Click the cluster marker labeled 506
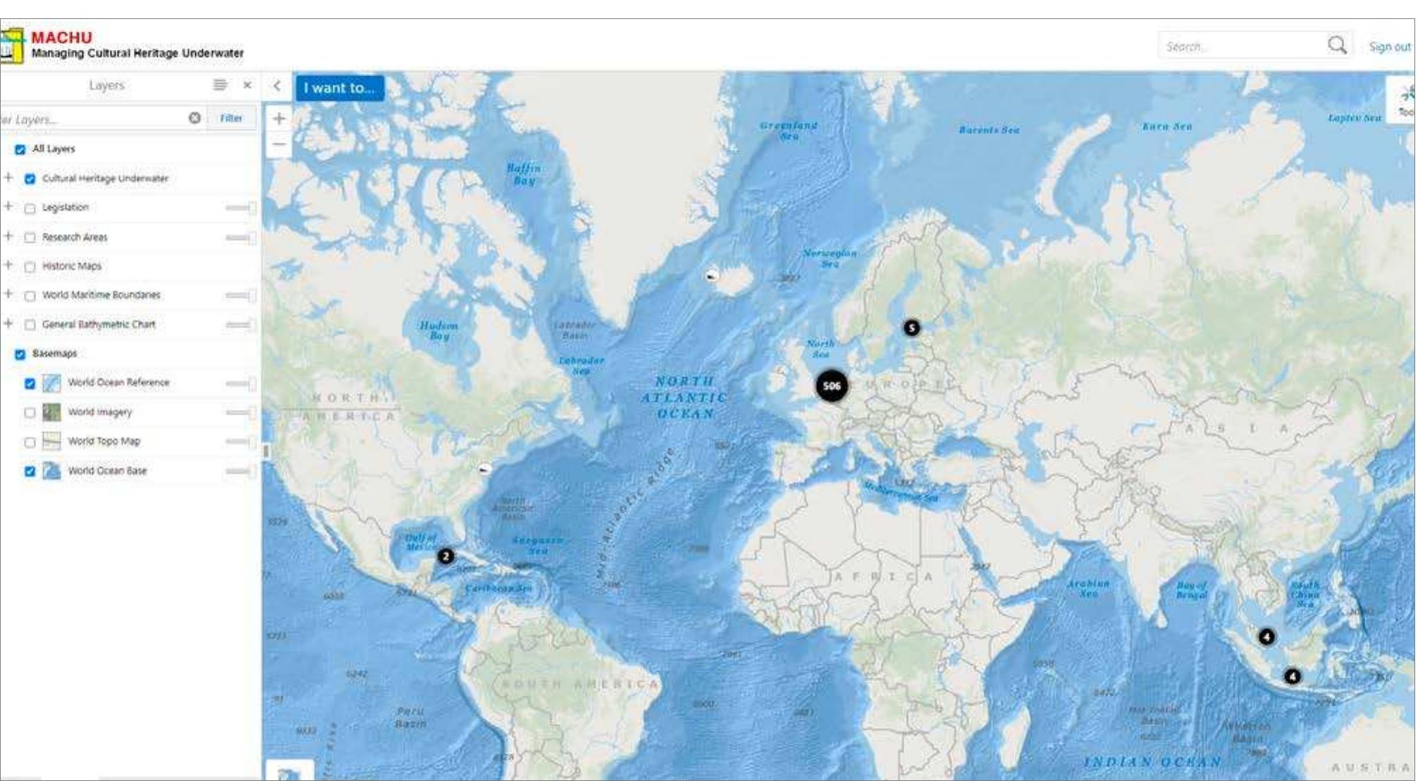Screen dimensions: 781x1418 [831, 386]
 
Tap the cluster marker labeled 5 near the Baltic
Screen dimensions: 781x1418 [912, 327]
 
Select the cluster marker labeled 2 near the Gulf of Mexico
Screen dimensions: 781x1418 [445, 556]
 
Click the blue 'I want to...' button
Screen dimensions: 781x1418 [340, 88]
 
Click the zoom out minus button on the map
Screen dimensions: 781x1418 [279, 144]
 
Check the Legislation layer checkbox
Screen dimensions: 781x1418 [30, 208]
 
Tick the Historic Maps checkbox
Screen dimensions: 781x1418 [30, 267]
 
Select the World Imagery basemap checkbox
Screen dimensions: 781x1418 [30, 413]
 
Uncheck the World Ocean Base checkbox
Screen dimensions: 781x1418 [30, 471]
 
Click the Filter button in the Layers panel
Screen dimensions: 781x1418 [231, 118]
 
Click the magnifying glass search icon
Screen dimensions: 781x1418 [1336, 46]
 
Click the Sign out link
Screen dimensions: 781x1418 [1389, 46]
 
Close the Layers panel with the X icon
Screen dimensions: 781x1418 [247, 85]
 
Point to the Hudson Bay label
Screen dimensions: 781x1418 [439, 330]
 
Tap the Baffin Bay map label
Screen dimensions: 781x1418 [523, 174]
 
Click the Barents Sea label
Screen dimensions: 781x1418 [989, 130]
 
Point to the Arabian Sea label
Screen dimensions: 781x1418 [1088, 589]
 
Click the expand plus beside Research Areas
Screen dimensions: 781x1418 [8, 236]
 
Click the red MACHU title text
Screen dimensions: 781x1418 [61, 37]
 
